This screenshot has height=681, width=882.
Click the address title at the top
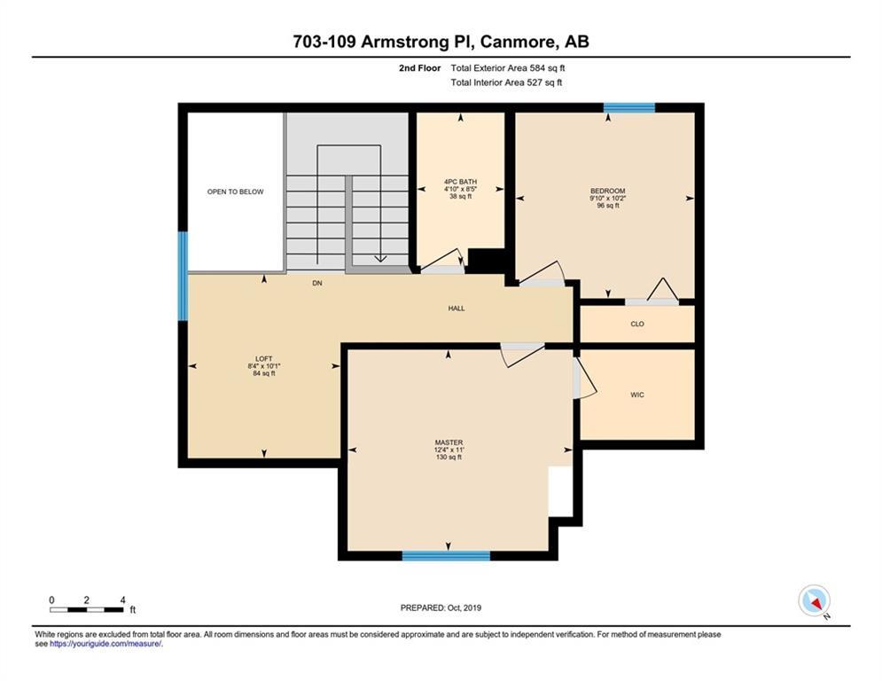pyautogui.click(x=441, y=42)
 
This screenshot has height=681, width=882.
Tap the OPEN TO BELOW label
pyautogui.click(x=235, y=192)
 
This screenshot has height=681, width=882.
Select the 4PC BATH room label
pyautogui.click(x=460, y=182)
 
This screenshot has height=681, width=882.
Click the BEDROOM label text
pyautogui.click(x=607, y=191)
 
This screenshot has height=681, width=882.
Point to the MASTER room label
pyautogui.click(x=449, y=443)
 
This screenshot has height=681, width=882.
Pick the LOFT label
pyautogui.click(x=264, y=358)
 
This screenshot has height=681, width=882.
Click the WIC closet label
pyautogui.click(x=637, y=395)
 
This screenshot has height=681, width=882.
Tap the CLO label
pyautogui.click(x=637, y=325)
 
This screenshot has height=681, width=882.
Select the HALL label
pyautogui.click(x=457, y=309)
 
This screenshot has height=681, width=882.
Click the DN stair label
pyautogui.click(x=317, y=283)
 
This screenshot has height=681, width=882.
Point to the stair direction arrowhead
pyautogui.click(x=381, y=258)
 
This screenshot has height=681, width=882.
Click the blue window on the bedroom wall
pyautogui.click(x=629, y=108)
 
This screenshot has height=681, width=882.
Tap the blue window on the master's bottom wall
pyautogui.click(x=446, y=556)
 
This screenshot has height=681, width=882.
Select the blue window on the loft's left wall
pyautogui.click(x=183, y=277)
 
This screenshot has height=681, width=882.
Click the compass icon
pyautogui.click(x=815, y=601)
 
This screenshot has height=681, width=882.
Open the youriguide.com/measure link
pyautogui.click(x=105, y=644)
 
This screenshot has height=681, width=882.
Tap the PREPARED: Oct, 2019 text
pyautogui.click(x=441, y=607)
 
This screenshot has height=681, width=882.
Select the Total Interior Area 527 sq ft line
pyautogui.click(x=506, y=82)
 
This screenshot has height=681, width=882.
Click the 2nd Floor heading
pyautogui.click(x=419, y=68)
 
